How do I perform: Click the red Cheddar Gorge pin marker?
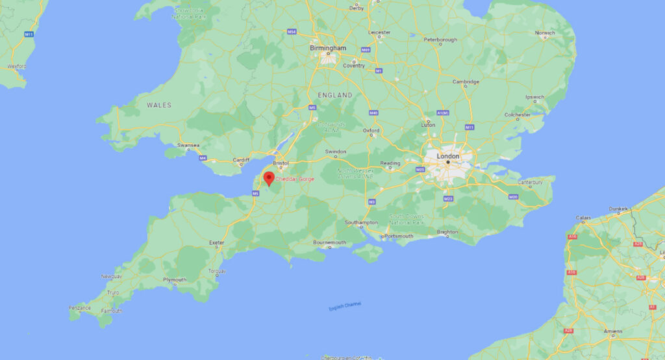point(268,178)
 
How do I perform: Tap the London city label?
point(447,156)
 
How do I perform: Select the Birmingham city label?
point(328,48)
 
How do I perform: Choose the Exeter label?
point(216,243)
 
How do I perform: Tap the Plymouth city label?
point(175,280)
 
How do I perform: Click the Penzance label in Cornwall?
point(81,307)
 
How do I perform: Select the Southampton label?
point(361,223)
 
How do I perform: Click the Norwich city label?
point(544,32)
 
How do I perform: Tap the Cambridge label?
point(466,82)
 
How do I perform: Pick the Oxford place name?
point(371,130)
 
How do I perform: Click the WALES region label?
point(159,105)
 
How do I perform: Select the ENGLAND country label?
point(335,95)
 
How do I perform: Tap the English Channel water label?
point(345,306)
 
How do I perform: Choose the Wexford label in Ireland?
point(16,66)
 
